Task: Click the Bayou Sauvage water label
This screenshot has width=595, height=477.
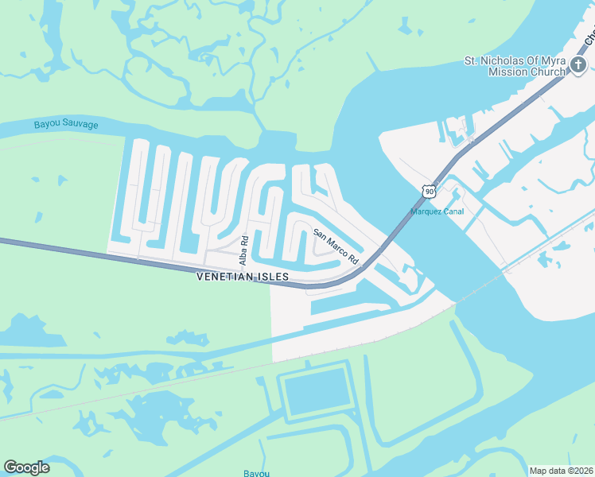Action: click(x=66, y=125)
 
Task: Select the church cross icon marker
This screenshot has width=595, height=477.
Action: click(x=578, y=66)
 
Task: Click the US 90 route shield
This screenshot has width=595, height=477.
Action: click(x=430, y=192)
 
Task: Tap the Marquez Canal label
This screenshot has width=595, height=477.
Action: click(x=437, y=211)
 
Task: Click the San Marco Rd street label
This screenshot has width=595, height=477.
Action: click(x=336, y=247)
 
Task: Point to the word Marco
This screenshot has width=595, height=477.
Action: click(x=337, y=248)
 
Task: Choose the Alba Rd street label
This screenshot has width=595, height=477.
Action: click(x=245, y=250)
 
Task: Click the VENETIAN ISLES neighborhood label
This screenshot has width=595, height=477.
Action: click(x=243, y=277)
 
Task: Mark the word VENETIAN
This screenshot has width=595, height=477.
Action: click(x=226, y=277)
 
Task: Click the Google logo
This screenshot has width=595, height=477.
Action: click(x=26, y=467)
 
